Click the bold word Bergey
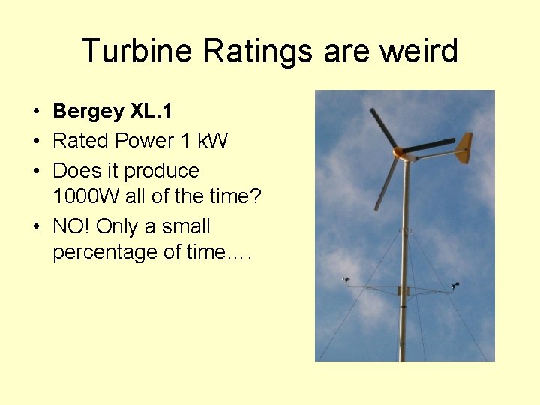[88, 112]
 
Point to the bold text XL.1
[151, 112]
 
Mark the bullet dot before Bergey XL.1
[36, 112]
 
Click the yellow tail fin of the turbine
[463, 148]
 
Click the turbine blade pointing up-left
[382, 127]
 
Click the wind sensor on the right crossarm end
[455, 284]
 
